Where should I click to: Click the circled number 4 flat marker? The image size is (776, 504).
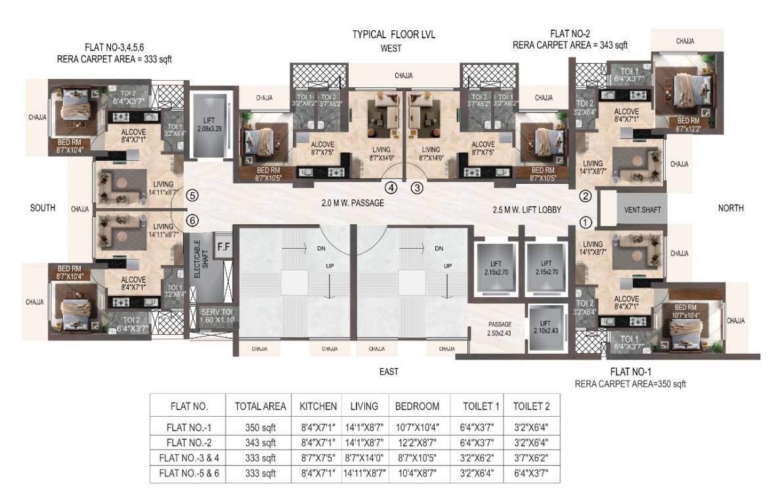(392, 188)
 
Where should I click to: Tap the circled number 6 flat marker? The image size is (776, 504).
(192, 220)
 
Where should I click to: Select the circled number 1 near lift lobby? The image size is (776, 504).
(586, 222)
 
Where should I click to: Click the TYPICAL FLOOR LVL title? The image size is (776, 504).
(394, 34)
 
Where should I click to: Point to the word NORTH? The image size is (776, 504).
(730, 208)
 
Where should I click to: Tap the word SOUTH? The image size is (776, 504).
(43, 208)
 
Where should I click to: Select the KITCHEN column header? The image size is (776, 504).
(318, 406)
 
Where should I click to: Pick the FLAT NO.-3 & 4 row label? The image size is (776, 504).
(188, 457)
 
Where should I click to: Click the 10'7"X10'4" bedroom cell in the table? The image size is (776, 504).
(417, 426)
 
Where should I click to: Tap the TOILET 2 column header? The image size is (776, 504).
(531, 406)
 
